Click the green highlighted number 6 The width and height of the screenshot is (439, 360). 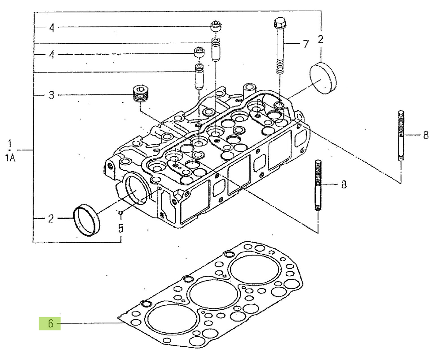tap(50, 324)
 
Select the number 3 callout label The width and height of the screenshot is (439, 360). tap(51, 95)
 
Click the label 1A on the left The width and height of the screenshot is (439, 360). tap(10, 158)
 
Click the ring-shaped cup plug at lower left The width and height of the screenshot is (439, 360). tap(86, 221)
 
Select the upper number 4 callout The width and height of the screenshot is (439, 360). tap(52, 27)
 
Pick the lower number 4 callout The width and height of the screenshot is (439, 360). tap(52, 54)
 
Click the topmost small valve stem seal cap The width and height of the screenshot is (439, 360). tap(216, 26)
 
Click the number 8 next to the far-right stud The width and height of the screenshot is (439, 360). tap(426, 135)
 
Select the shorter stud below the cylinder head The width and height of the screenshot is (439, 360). tap(318, 185)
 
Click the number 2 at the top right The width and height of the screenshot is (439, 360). tap(321, 39)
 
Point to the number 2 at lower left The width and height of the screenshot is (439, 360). tap(51, 218)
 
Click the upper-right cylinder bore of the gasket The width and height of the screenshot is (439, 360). tap(255, 269)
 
